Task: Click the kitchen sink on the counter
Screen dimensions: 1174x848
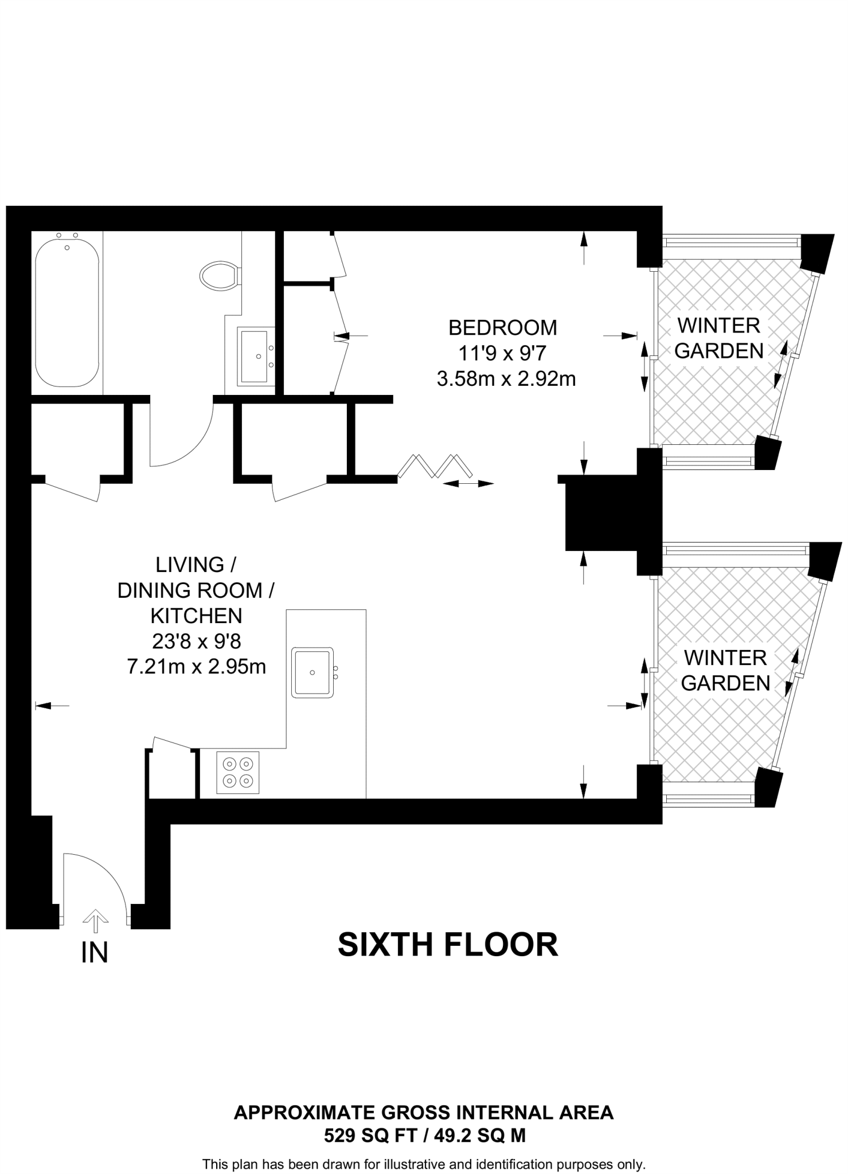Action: pyautogui.click(x=313, y=672)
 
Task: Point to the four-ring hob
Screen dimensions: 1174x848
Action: pyautogui.click(x=238, y=772)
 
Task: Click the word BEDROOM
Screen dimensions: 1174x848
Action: pyautogui.click(x=502, y=328)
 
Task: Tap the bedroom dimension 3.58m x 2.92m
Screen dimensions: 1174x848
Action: pyautogui.click(x=506, y=379)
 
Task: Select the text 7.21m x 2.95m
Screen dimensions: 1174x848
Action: pyautogui.click(x=197, y=667)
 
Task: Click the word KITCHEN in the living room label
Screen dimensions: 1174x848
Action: pyautogui.click(x=196, y=616)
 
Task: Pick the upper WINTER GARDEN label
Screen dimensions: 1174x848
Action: pyautogui.click(x=719, y=338)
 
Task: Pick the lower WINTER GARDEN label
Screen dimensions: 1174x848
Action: pyautogui.click(x=725, y=670)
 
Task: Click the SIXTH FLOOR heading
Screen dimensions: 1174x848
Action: pyautogui.click(x=448, y=945)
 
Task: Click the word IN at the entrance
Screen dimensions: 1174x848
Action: pyautogui.click(x=95, y=953)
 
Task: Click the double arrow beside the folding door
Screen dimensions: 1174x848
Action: pyautogui.click(x=468, y=484)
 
